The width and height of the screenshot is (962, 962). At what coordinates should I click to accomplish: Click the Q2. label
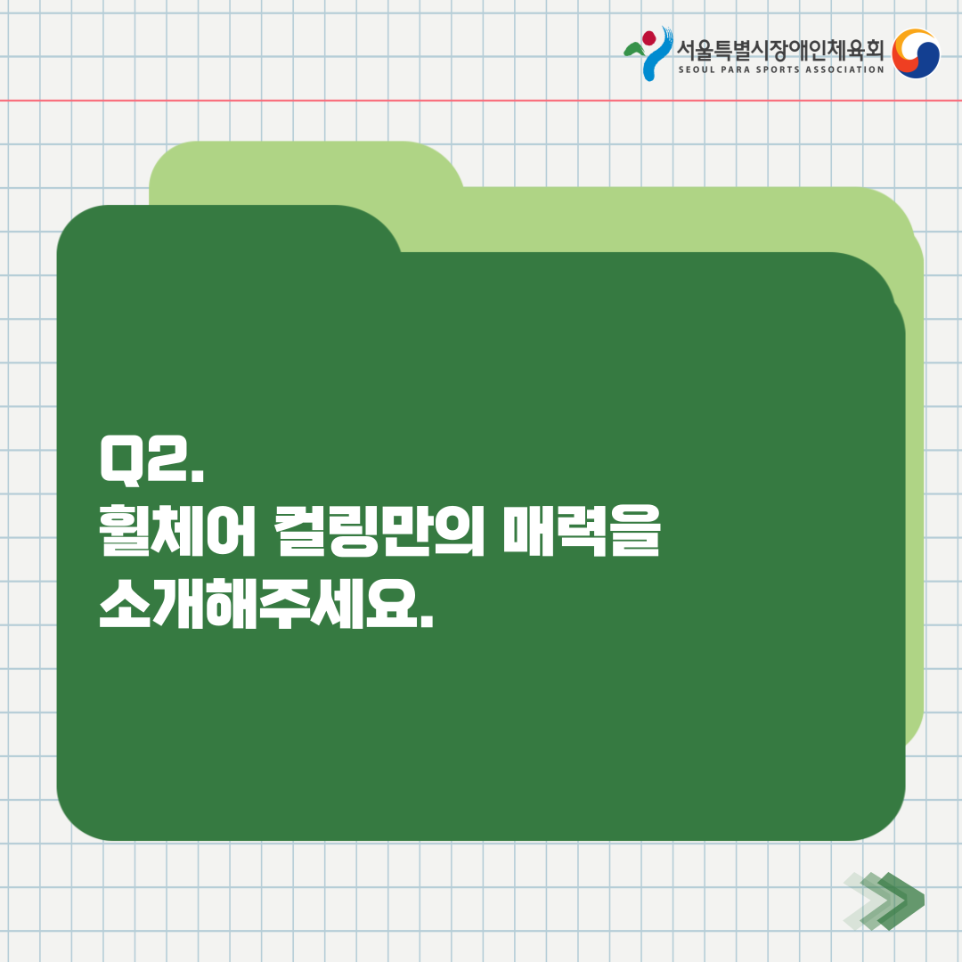(151, 461)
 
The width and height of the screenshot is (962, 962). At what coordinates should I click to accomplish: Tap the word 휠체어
(176, 531)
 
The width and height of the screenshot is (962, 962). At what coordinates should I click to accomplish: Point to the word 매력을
(582, 531)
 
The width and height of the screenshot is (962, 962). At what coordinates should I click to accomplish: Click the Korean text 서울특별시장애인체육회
(780, 50)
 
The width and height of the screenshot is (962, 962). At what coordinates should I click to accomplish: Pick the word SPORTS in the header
(778, 70)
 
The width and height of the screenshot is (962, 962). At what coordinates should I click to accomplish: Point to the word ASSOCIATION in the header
(844, 70)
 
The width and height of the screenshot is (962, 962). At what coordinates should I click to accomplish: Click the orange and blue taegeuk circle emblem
(916, 53)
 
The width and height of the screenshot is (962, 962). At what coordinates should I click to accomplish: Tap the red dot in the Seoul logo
(649, 38)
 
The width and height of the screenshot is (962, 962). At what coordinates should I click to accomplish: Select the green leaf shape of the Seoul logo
(635, 50)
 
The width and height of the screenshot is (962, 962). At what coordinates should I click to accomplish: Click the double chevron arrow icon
(885, 901)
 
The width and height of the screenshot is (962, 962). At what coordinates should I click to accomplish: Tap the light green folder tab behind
(306, 165)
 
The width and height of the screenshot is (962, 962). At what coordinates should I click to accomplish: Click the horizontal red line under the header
(481, 100)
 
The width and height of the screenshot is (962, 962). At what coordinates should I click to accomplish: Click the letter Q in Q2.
(119, 461)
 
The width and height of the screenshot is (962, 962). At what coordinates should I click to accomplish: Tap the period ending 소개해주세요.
(427, 623)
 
